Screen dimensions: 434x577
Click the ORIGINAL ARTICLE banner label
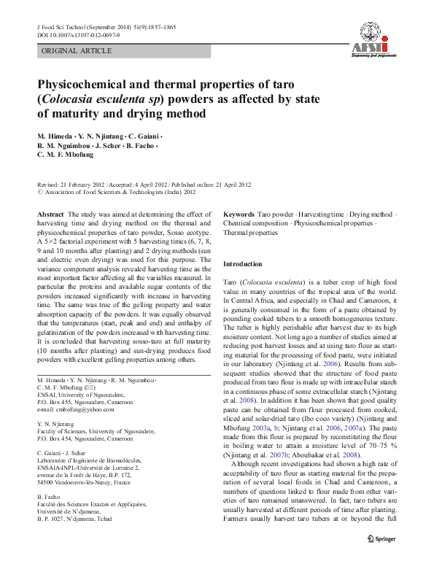77,51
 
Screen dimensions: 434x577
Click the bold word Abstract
50,214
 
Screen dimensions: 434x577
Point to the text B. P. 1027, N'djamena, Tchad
75,519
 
